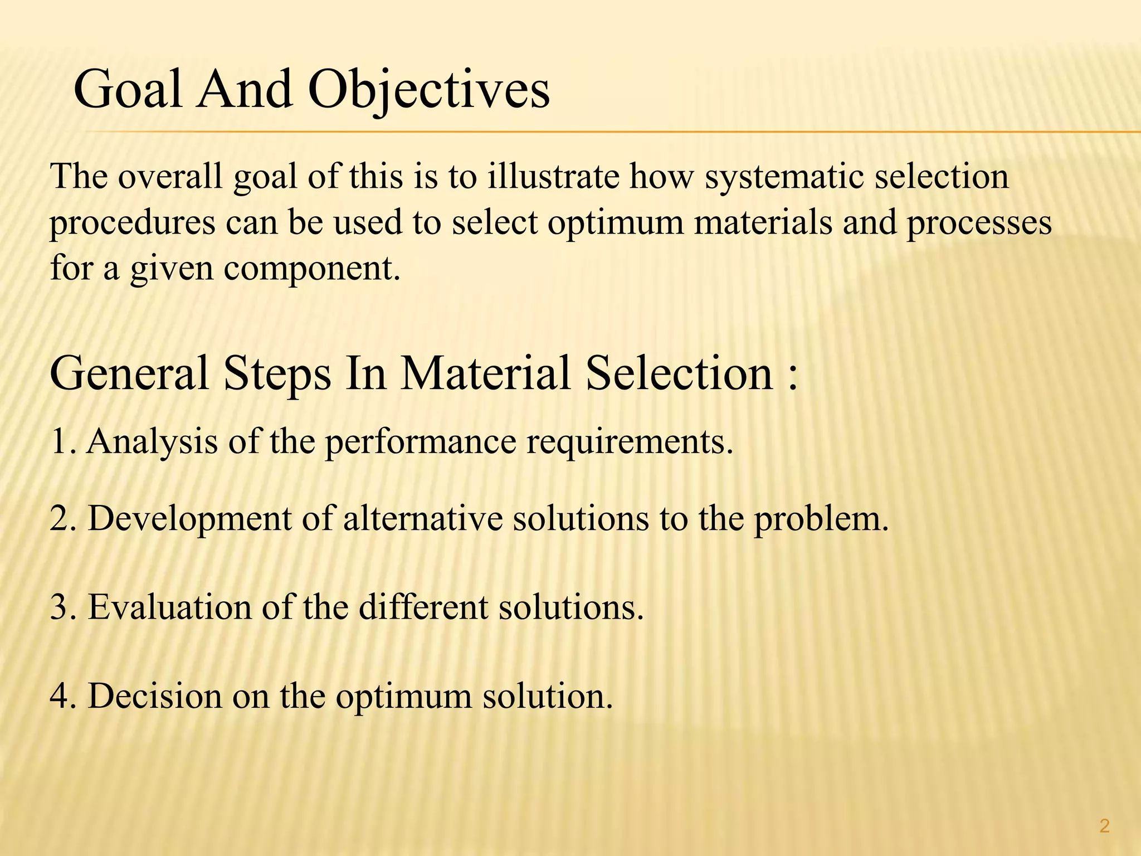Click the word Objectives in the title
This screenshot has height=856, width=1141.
(428, 91)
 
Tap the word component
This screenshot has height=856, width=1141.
(312, 269)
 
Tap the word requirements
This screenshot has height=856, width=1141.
(630, 442)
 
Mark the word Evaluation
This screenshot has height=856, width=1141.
(169, 607)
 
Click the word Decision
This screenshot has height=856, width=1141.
(155, 696)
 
